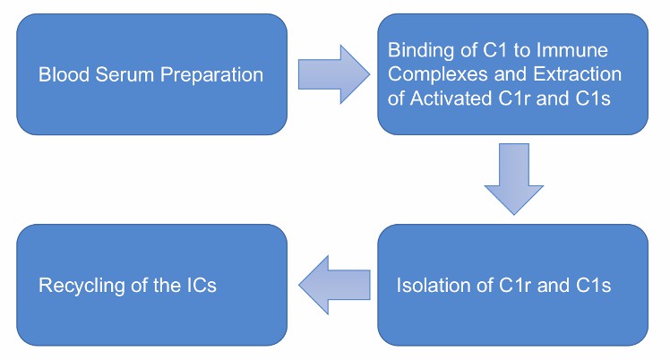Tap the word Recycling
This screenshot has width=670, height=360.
pyautogui.click(x=75, y=286)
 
